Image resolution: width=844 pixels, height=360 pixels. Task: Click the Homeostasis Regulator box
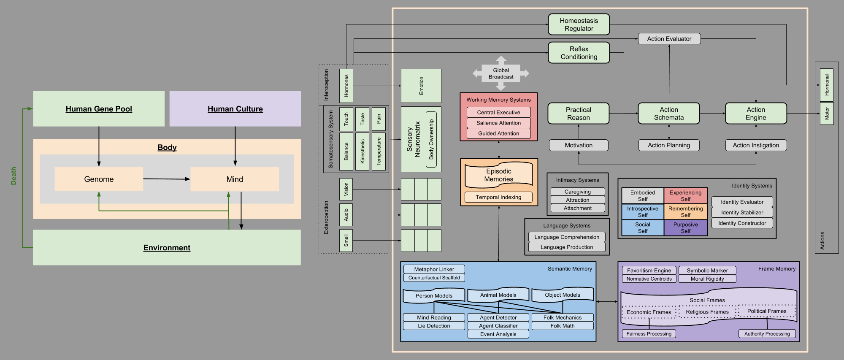tap(579, 24)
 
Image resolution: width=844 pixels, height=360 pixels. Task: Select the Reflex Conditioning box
tap(579, 53)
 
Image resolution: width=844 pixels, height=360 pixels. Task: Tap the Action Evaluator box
tap(669, 39)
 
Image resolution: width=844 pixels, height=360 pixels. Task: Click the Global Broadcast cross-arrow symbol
tap(501, 73)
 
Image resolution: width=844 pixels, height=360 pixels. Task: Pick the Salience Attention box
tap(498, 123)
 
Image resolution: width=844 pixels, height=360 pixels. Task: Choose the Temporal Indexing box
tap(498, 197)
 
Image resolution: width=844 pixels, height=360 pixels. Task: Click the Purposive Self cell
tap(685, 228)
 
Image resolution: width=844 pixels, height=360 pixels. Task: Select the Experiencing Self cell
tap(685, 196)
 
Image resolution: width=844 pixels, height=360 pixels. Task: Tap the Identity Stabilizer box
tap(742, 212)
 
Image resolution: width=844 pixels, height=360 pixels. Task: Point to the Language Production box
tap(567, 247)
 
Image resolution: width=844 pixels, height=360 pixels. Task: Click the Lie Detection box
tap(434, 326)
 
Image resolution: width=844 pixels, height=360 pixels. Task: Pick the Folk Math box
tap(562, 326)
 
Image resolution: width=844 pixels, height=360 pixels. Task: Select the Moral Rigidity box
tap(707, 279)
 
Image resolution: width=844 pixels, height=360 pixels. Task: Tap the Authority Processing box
tap(767, 334)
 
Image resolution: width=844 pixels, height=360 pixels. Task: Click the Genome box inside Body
tap(99, 179)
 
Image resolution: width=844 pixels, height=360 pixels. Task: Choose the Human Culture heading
tap(235, 109)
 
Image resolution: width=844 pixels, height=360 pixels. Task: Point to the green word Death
tap(14, 176)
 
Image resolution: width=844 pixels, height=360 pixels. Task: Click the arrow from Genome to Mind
tap(167, 179)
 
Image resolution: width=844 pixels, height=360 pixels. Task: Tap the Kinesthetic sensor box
tap(362, 152)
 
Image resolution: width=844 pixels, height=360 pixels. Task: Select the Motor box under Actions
tap(827, 113)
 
